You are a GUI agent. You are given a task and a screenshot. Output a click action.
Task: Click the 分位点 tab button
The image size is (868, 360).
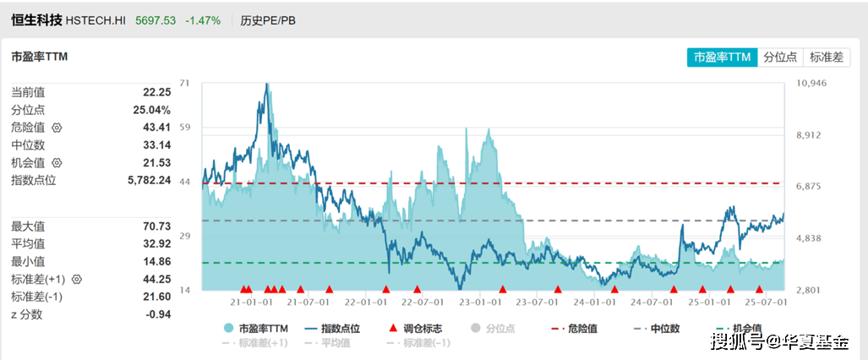click(x=780, y=57)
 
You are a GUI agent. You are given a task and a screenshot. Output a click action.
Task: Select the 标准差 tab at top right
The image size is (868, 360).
click(x=826, y=57)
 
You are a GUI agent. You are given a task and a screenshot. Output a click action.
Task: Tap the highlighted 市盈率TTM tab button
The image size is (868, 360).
click(x=722, y=57)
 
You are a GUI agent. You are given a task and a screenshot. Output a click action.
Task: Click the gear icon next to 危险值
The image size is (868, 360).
click(x=57, y=128)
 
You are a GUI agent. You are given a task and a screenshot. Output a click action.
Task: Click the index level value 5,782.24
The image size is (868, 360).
click(x=150, y=180)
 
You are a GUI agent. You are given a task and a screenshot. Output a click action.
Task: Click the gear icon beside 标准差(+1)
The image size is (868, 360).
click(x=77, y=279)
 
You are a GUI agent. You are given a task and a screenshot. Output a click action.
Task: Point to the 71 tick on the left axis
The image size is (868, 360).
click(x=186, y=83)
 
